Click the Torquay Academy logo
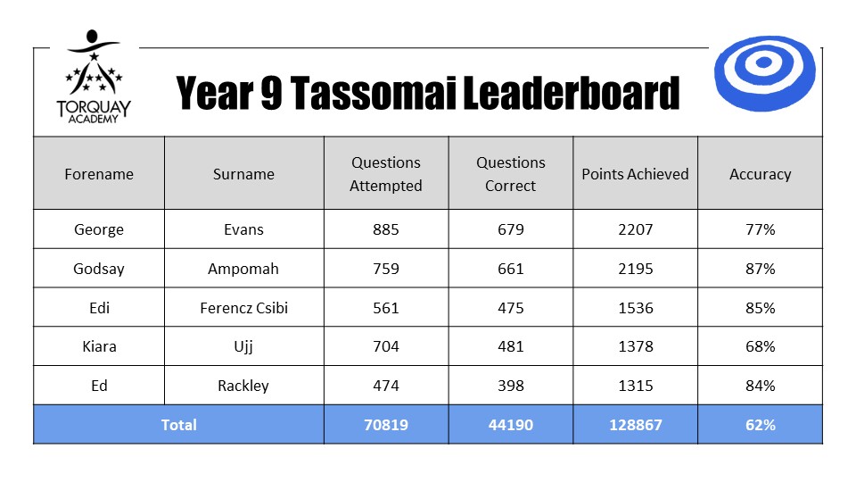[x=94, y=77]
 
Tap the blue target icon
[x=764, y=73]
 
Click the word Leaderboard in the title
[x=571, y=93]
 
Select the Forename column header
[x=99, y=174]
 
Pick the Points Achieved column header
[x=635, y=174]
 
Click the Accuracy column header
[x=760, y=174]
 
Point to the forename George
[x=99, y=229]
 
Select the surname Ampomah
[x=243, y=269]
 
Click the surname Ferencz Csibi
[x=243, y=308]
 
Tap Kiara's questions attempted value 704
[x=386, y=346]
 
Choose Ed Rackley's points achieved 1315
[x=636, y=386]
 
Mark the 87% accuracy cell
[x=761, y=269]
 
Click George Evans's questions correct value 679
[x=510, y=229]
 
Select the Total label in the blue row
[x=178, y=425]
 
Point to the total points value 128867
[x=636, y=425]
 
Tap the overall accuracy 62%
[x=761, y=425]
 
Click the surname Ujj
[x=243, y=347]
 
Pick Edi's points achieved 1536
[x=636, y=308]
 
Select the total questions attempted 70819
[x=386, y=425]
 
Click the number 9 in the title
[x=271, y=93]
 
